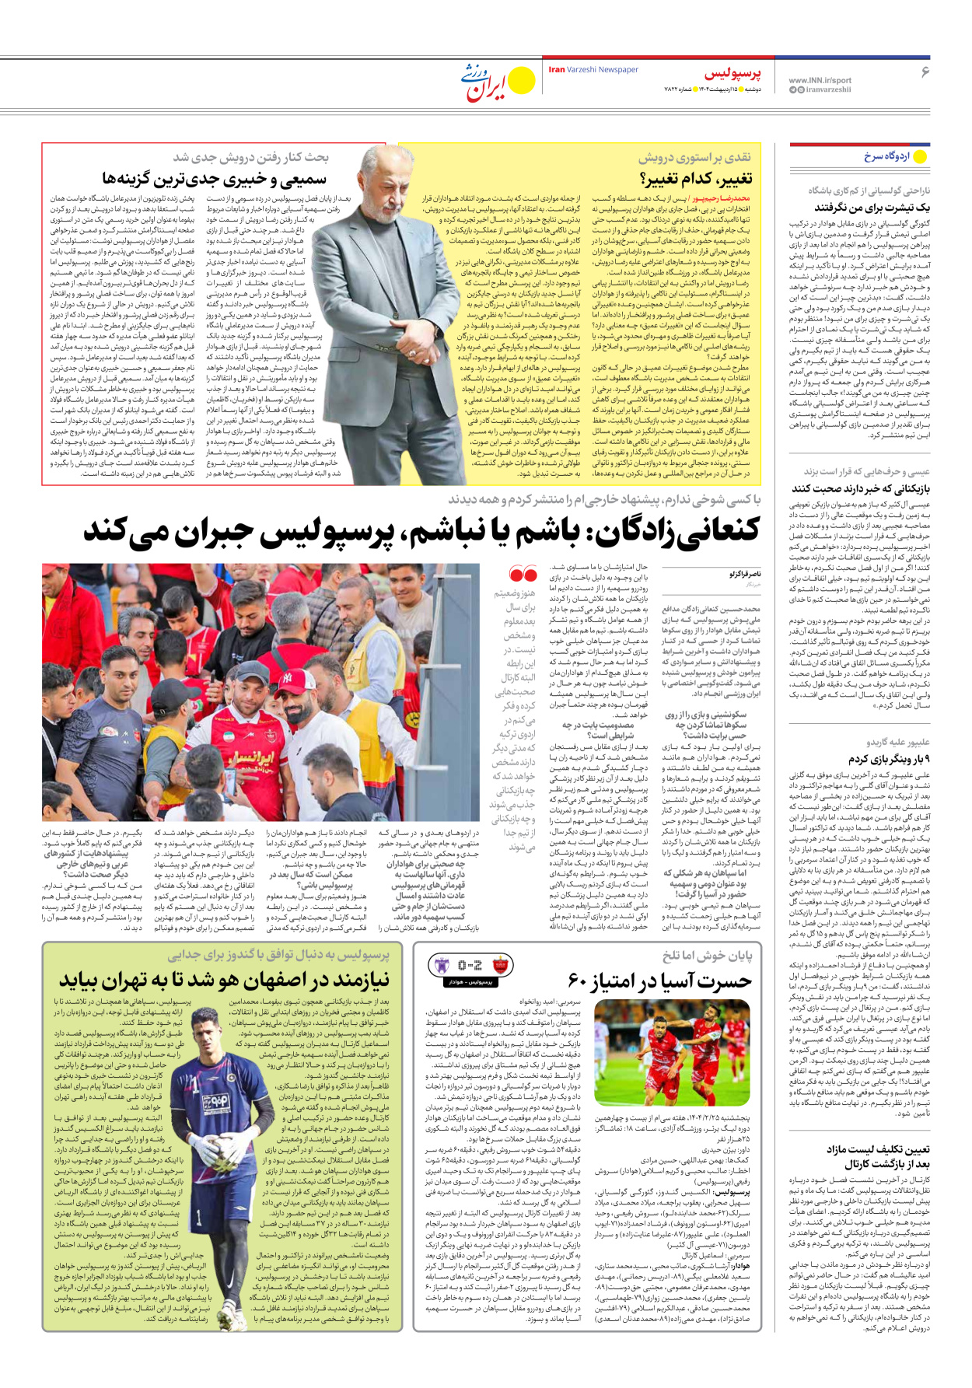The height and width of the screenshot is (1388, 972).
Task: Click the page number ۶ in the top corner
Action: tap(925, 72)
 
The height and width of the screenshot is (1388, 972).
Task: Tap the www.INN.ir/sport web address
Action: tap(820, 80)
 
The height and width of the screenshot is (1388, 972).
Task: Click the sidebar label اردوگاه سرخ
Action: tap(886, 156)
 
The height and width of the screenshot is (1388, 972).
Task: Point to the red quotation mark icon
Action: tap(523, 575)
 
